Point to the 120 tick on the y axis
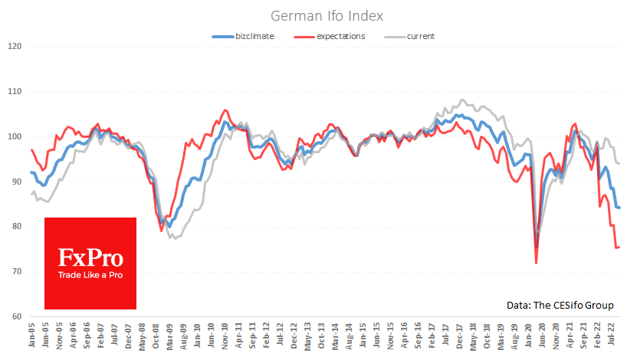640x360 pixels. (13, 47)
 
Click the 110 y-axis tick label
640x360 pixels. (13, 92)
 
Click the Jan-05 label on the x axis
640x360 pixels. (32, 337)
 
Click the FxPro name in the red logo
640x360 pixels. (90, 257)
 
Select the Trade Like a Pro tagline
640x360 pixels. (90, 274)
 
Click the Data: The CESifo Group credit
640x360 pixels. (560, 305)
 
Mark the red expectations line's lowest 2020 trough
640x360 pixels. (536, 263)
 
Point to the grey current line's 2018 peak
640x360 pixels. (461, 100)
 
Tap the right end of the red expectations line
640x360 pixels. (619, 247)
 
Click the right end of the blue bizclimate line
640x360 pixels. (619, 208)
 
